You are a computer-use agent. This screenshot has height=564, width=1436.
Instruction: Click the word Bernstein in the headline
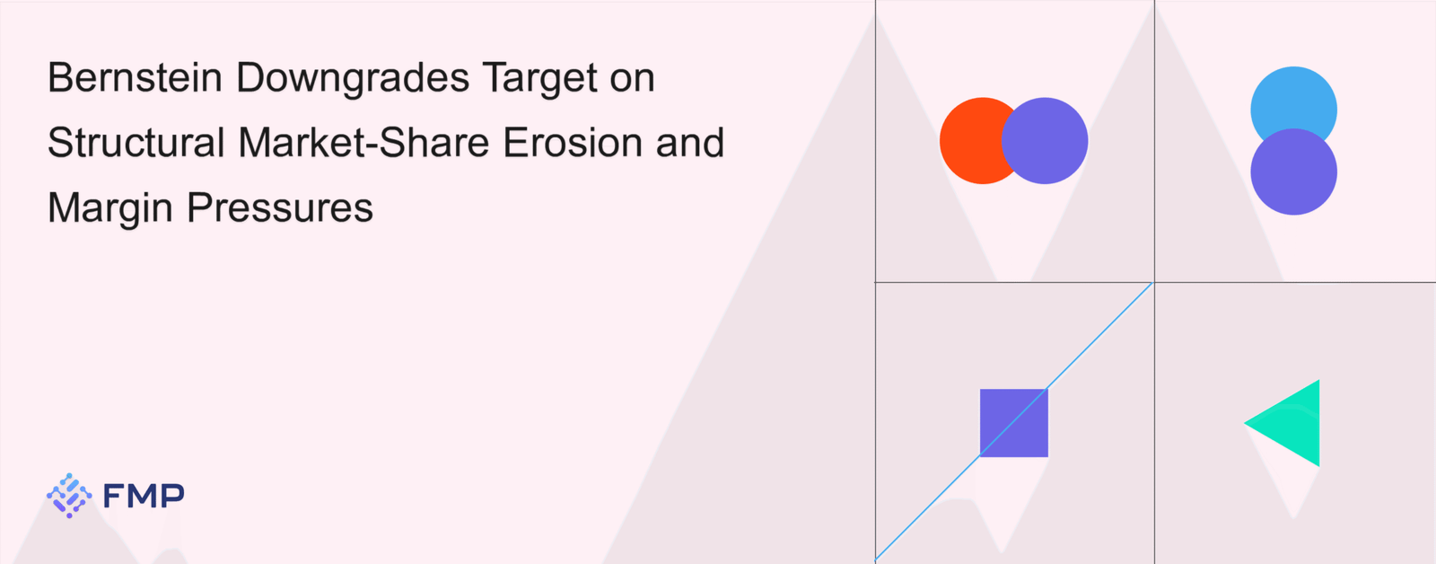[x=135, y=77]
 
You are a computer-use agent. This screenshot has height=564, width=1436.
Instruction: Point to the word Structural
[x=136, y=142]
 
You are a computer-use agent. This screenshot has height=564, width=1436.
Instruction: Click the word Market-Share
[x=364, y=142]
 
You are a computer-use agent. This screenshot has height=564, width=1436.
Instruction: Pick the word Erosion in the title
[x=573, y=142]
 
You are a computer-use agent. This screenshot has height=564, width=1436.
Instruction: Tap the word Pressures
[x=280, y=208]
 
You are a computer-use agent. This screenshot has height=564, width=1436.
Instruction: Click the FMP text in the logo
[x=144, y=496]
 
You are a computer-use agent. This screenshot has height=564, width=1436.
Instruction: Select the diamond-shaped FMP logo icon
[x=69, y=496]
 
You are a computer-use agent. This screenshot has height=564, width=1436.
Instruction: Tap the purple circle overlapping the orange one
[x=1045, y=140]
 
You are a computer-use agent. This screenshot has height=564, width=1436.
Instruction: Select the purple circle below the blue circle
[x=1293, y=172]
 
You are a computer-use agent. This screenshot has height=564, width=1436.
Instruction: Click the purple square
[x=1014, y=423]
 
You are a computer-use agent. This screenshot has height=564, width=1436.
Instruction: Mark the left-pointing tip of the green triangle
[x=1245, y=423]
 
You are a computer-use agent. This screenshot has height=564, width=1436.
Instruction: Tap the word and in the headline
[x=690, y=142]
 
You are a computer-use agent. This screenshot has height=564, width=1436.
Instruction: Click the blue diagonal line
[x=1014, y=421]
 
